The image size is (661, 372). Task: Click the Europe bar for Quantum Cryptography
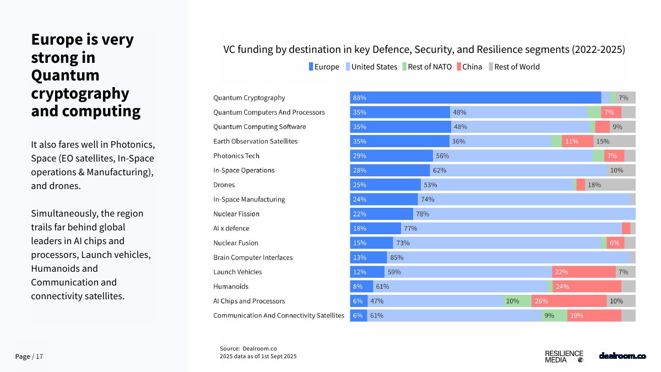475,98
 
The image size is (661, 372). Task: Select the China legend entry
469,67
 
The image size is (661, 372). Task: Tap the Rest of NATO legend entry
427,67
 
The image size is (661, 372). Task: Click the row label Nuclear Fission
236,214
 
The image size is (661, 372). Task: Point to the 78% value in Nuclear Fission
422,214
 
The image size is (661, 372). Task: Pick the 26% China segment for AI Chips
569,301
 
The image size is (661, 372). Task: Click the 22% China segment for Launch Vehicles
583,272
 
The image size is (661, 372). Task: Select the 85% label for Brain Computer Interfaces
397,257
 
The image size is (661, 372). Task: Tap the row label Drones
224,185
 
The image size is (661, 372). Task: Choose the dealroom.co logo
622,356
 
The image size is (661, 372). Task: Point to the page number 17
39,357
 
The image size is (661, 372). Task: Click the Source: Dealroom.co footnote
248,348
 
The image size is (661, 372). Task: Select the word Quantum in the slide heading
65,75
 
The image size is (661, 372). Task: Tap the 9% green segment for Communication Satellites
554,315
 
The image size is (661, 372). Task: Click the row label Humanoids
231,287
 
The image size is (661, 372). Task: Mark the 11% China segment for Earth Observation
577,141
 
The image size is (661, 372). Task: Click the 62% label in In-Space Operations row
440,170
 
